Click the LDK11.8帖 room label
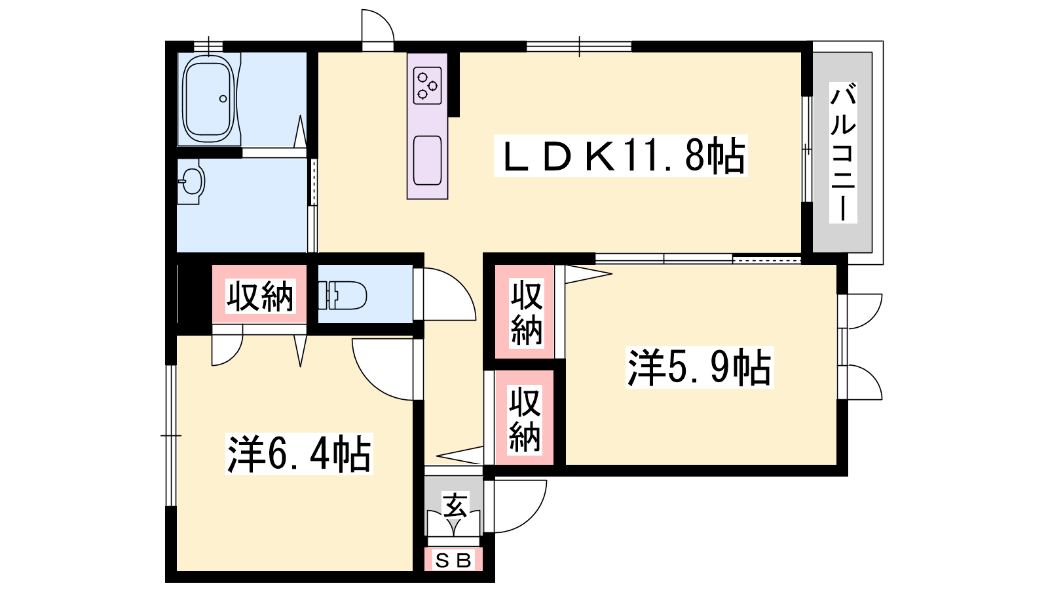point(621,156)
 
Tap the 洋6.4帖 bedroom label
point(299,454)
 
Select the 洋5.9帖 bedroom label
point(700,368)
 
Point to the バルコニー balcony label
point(843,152)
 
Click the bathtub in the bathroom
point(209,99)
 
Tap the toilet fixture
point(342,295)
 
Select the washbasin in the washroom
point(191,182)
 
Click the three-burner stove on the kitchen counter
point(428,85)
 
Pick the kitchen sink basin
point(428,161)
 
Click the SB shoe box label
point(453,560)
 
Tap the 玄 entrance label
point(455,505)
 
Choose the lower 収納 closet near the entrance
point(525,418)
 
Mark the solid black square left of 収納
point(195,294)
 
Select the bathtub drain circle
point(223,99)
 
